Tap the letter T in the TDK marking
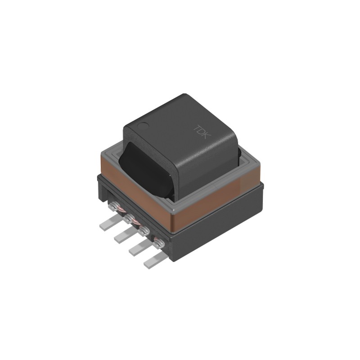(x=197, y=128)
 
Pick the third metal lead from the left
(x=138, y=248)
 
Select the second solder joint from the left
(x=129, y=219)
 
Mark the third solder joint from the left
(x=144, y=231)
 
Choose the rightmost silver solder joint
(x=158, y=244)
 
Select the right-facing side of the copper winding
(x=216, y=198)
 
